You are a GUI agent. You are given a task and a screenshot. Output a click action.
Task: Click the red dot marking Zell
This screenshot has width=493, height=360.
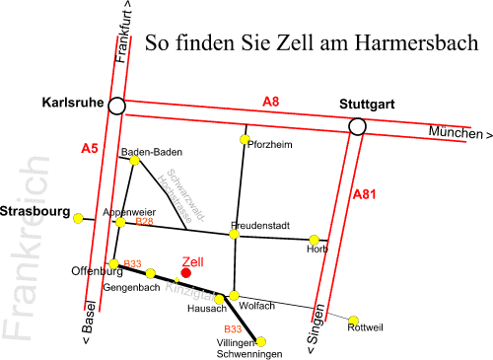(186, 273)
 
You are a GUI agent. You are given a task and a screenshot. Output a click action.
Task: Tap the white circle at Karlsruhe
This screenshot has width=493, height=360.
(117, 106)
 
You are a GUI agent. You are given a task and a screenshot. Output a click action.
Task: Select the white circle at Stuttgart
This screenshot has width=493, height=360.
(357, 125)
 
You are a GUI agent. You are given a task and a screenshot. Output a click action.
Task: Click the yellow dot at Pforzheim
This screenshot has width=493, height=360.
(245, 139)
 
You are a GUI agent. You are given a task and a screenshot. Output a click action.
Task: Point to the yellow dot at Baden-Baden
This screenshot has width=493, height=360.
(135, 159)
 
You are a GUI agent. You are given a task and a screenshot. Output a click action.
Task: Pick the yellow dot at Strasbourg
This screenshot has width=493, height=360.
(79, 218)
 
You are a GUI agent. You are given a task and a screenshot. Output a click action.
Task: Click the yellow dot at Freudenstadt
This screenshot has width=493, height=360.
(235, 234)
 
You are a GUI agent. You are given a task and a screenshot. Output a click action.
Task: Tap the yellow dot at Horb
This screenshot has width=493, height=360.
(314, 239)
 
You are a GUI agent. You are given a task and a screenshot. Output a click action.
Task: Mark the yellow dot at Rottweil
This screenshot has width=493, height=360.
(355, 319)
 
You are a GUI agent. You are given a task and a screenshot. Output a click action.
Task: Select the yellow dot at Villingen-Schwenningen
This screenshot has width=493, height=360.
(248, 340)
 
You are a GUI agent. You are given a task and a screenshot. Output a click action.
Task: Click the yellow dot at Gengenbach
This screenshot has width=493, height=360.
(151, 273)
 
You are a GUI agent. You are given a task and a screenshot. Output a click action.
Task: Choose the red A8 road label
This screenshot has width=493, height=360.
(271, 101)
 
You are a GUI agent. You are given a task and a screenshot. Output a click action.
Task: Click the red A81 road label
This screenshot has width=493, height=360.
(365, 195)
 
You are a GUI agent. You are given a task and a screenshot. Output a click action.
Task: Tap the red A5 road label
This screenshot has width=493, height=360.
(90, 149)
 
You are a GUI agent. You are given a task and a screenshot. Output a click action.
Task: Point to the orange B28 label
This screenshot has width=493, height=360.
(144, 222)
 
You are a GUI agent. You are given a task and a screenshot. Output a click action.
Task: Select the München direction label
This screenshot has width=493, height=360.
(458, 133)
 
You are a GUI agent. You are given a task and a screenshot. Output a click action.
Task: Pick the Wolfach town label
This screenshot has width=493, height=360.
(256, 305)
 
